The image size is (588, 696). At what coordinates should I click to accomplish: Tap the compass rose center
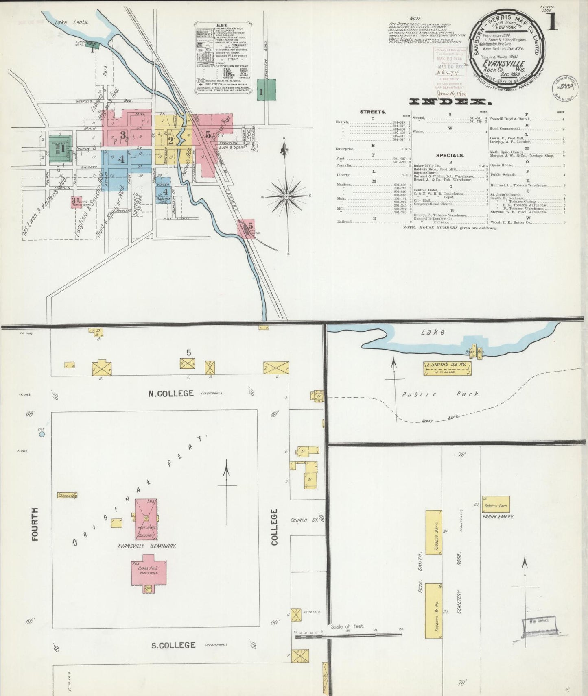pos(286,196)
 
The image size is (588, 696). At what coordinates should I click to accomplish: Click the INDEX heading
pos(450,102)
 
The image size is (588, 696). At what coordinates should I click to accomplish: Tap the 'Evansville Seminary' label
pos(147,546)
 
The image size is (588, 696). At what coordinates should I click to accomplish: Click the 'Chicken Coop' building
pos(67,495)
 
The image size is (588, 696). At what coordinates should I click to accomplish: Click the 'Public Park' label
pos(441,394)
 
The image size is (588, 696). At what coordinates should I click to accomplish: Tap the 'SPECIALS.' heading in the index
pos(450,155)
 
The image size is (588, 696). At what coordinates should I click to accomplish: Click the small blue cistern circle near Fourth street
pos(42,435)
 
